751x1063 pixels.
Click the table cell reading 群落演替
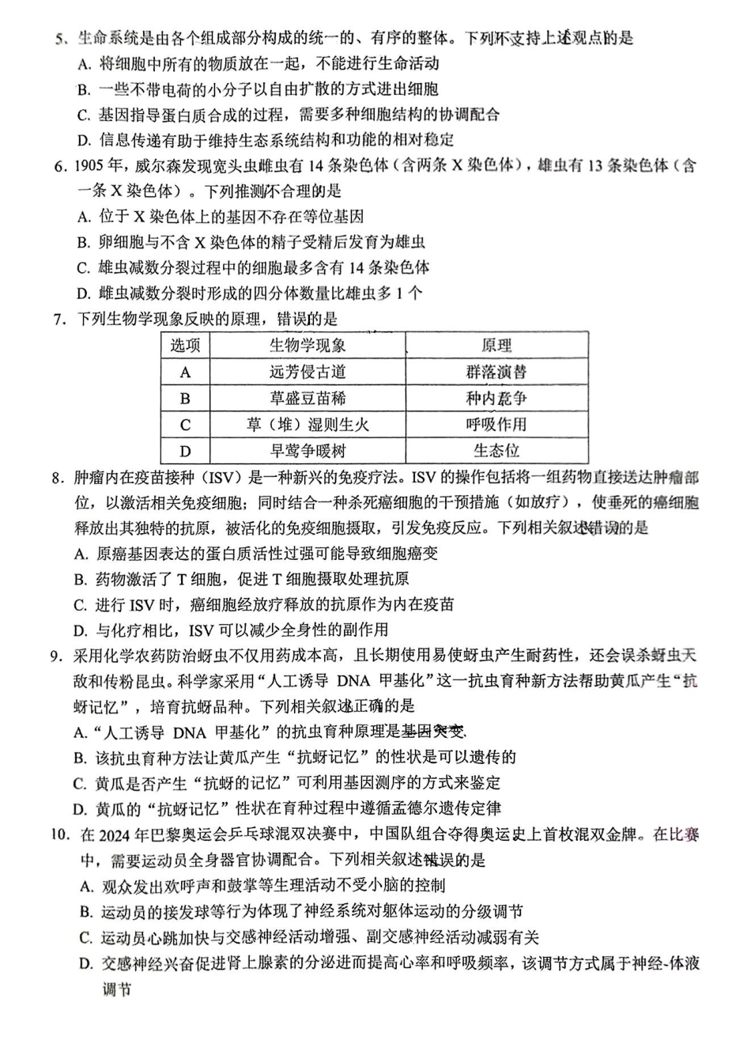(x=496, y=372)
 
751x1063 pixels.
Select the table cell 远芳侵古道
(x=307, y=372)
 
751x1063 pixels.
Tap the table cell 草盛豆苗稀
(x=307, y=398)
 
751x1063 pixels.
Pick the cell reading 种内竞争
(x=496, y=398)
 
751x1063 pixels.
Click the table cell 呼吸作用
(x=496, y=425)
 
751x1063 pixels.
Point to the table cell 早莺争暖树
(x=307, y=451)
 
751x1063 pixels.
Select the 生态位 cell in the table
(x=496, y=451)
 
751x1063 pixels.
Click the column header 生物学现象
(x=307, y=346)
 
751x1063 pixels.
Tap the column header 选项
(x=185, y=346)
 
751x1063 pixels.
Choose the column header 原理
(x=496, y=346)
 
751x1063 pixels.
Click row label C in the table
(x=185, y=425)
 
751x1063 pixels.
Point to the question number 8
(x=56, y=478)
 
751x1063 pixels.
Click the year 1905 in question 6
(x=90, y=166)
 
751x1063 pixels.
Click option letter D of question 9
(x=79, y=808)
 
